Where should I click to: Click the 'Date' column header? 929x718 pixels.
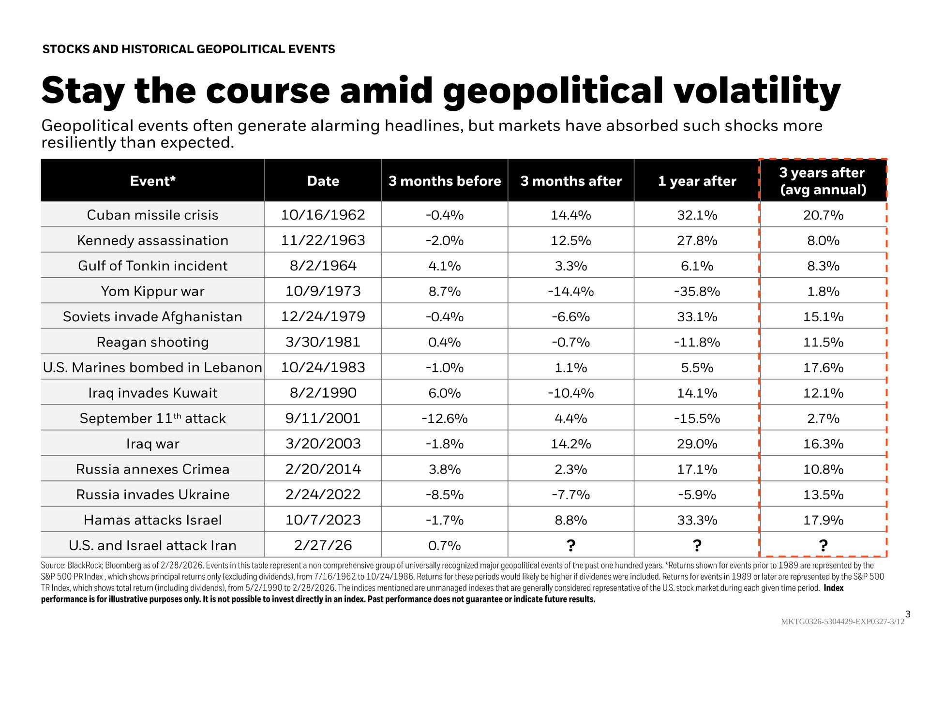pos(323,181)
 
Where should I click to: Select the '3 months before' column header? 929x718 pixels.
pos(444,181)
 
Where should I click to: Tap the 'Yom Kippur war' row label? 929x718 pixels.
pos(152,291)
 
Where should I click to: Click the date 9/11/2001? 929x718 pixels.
pos(323,418)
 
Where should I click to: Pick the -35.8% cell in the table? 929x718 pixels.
pos(697,291)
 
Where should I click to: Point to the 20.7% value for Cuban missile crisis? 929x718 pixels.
pos(823,215)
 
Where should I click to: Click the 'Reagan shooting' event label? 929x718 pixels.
pos(152,342)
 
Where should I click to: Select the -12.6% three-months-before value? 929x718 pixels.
pos(444,418)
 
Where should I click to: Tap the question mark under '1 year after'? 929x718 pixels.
pos(697,545)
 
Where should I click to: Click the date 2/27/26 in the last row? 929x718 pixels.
pos(323,545)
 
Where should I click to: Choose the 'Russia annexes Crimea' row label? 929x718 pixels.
pos(152,469)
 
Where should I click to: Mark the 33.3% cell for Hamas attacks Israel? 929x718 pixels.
pos(697,520)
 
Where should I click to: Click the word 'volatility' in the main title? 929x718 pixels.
pos(757,91)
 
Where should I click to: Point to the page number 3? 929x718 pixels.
pos(908,614)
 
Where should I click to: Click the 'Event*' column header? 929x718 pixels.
pos(152,181)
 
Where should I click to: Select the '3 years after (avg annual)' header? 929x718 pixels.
pos(823,181)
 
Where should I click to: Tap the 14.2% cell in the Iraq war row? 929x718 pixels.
pos(570,444)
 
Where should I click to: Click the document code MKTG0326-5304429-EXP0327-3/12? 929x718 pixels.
pos(842,622)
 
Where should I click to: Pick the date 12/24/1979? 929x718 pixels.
pos(323,316)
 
